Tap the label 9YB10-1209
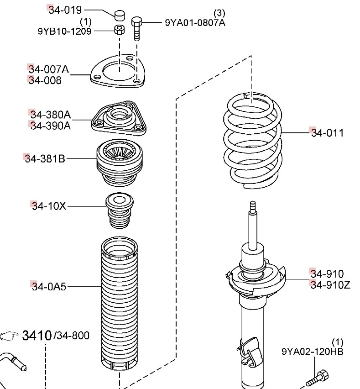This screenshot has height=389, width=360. pos(64,31)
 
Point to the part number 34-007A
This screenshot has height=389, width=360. pos(49,69)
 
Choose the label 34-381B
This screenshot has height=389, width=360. pos(45,158)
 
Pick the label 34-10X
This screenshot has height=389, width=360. pos(49,206)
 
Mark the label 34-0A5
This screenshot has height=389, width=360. pos(49,287)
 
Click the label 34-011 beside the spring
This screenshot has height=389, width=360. pos(327,133)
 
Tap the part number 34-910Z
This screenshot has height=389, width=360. pos(330,285)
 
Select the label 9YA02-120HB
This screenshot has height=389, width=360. pos(312,351)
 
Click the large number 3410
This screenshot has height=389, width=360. pos(37,336)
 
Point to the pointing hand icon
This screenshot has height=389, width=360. pos(10,336)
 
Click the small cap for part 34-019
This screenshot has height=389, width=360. pos(120,14)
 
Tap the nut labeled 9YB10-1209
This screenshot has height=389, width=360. pos(120,31)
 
